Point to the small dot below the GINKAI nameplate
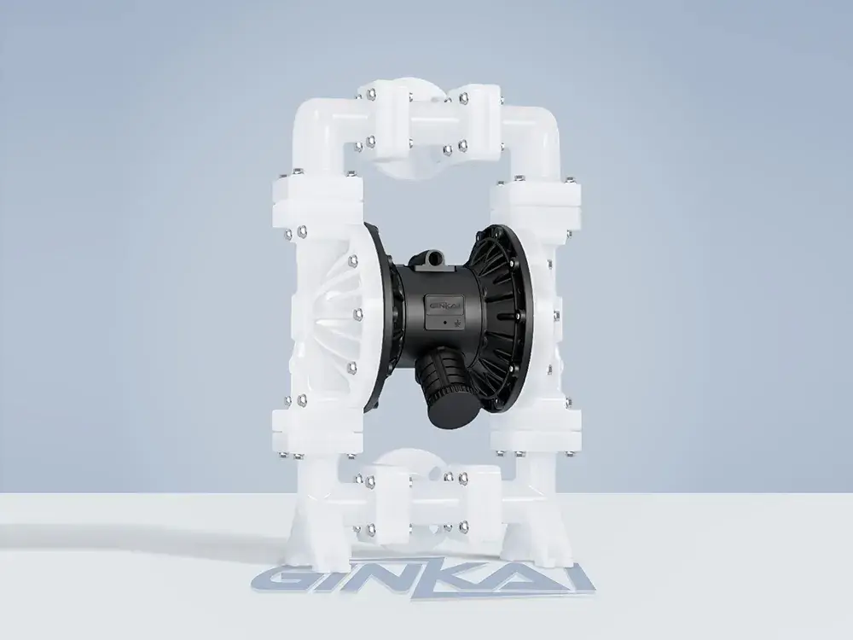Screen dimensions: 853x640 (x=445, y=323)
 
